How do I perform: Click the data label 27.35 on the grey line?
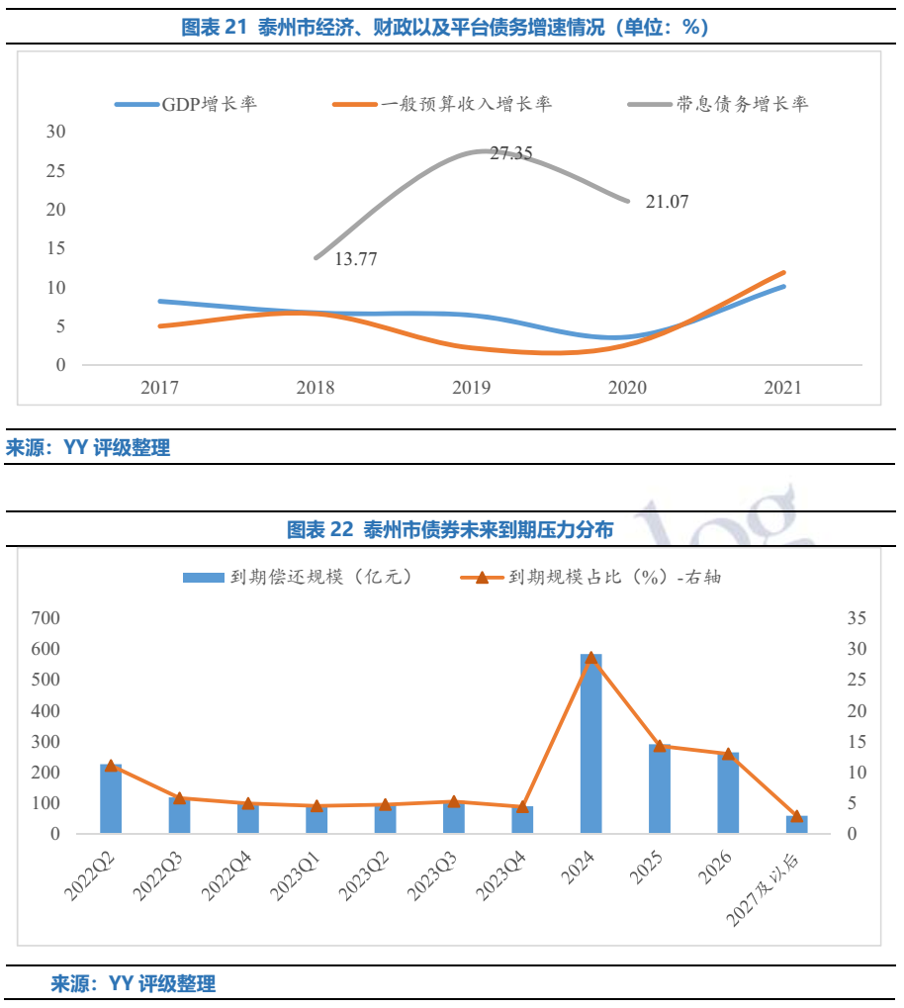pyautogui.click(x=511, y=153)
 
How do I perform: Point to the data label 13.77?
pyautogui.click(x=356, y=259)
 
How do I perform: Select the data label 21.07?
pyautogui.click(x=667, y=202)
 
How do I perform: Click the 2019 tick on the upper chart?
pyautogui.click(x=472, y=388)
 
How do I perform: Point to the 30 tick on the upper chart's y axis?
pyautogui.click(x=56, y=132)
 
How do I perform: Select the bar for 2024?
pyautogui.click(x=590, y=744)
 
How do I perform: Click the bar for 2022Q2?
pyautogui.click(x=111, y=798)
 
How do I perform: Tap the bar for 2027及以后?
pyautogui.click(x=796, y=824)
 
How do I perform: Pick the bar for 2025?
pyautogui.click(x=660, y=788)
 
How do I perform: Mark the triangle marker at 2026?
pyautogui.click(x=728, y=754)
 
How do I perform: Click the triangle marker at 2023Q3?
pyautogui.click(x=454, y=801)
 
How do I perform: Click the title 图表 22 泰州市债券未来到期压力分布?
pyautogui.click(x=450, y=530)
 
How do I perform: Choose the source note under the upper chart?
pyautogui.click(x=89, y=448)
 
